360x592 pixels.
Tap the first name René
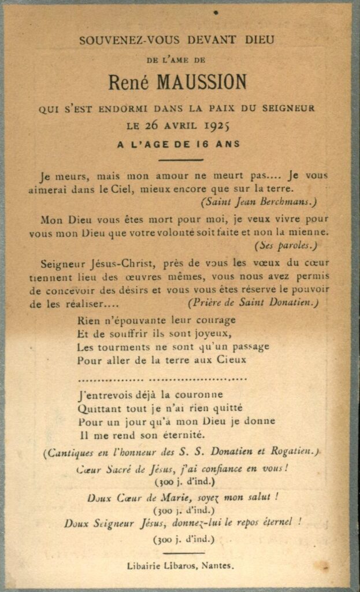(x=127, y=83)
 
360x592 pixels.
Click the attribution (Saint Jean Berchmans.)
(x=259, y=202)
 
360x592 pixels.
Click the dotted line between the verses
(x=162, y=379)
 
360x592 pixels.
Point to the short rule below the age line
(x=181, y=160)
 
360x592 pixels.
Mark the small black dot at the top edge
(x=216, y=12)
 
